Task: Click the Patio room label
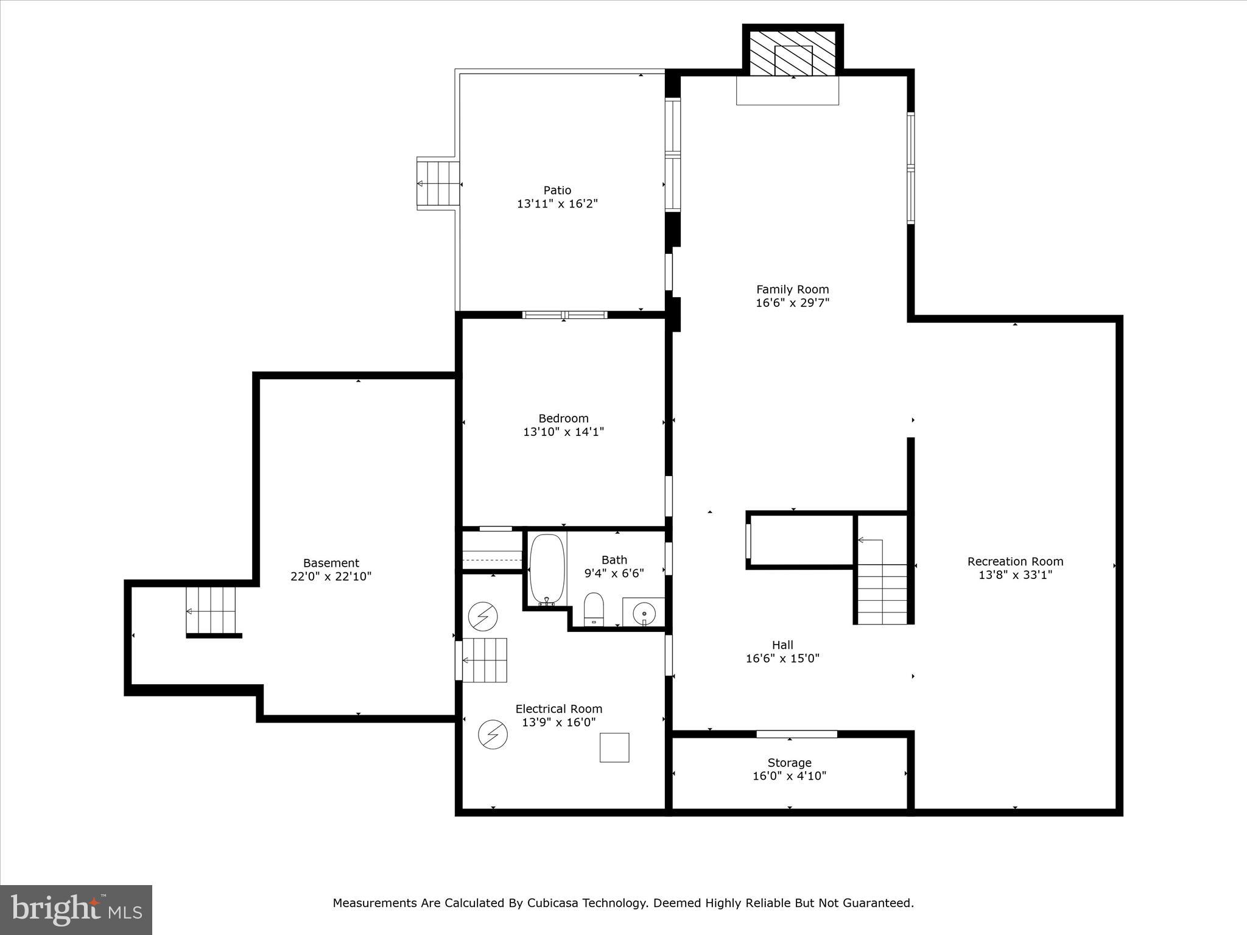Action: pyautogui.click(x=557, y=191)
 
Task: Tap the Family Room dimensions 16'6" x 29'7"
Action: pyautogui.click(x=792, y=303)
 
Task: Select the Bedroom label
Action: pyautogui.click(x=563, y=419)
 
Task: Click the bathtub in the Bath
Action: pyautogui.click(x=547, y=569)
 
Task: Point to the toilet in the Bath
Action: pyautogui.click(x=594, y=608)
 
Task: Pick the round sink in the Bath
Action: pyautogui.click(x=644, y=614)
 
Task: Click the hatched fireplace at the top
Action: pyautogui.click(x=793, y=54)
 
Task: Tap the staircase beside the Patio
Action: pyautogui.click(x=438, y=184)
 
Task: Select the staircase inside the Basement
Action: pyautogui.click(x=211, y=611)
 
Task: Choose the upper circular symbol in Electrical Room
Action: pyautogui.click(x=483, y=616)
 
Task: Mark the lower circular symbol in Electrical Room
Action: pyautogui.click(x=493, y=734)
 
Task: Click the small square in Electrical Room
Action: pyautogui.click(x=614, y=748)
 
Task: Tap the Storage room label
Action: pyautogui.click(x=789, y=763)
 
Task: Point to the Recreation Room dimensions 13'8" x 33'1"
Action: pyautogui.click(x=1015, y=575)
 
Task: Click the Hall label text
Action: pyautogui.click(x=782, y=645)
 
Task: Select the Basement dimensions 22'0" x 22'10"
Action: pyautogui.click(x=331, y=576)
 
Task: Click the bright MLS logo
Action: pyautogui.click(x=76, y=909)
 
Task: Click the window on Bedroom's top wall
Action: pyautogui.click(x=564, y=315)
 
